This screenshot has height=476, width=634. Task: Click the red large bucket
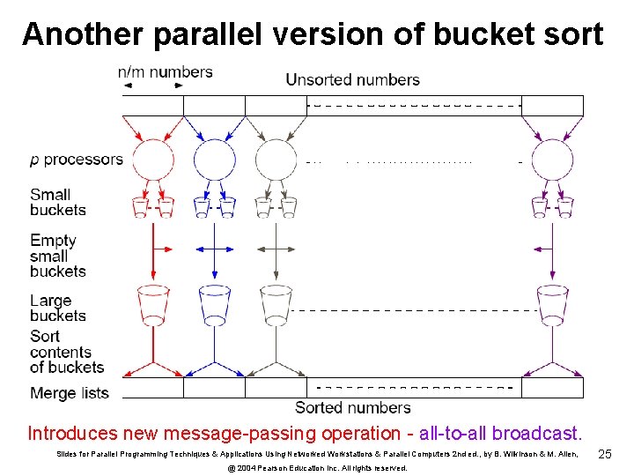(153, 303)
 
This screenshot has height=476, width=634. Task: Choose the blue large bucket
(215, 303)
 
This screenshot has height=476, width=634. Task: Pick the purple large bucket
(552, 303)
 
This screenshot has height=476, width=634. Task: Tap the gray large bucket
(276, 303)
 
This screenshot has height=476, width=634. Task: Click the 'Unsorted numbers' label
(352, 80)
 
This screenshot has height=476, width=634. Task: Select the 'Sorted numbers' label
(352, 407)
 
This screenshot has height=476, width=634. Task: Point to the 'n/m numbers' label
(166, 72)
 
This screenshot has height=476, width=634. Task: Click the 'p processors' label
(77, 160)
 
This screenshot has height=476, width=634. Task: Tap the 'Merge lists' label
(70, 393)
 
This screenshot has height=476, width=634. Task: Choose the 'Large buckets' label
(58, 309)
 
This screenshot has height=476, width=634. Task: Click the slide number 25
(605, 454)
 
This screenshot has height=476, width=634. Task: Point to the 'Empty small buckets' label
(58, 256)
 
